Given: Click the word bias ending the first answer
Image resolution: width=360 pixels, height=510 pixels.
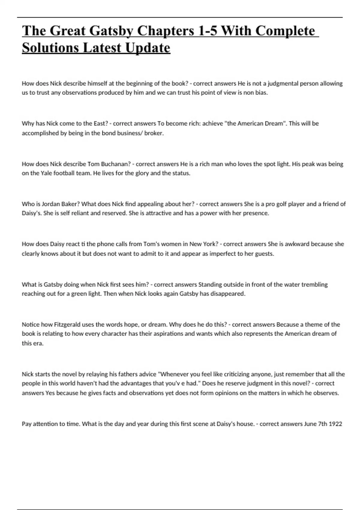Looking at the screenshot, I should point(261,93).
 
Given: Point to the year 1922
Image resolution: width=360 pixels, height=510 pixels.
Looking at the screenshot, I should point(335,424).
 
